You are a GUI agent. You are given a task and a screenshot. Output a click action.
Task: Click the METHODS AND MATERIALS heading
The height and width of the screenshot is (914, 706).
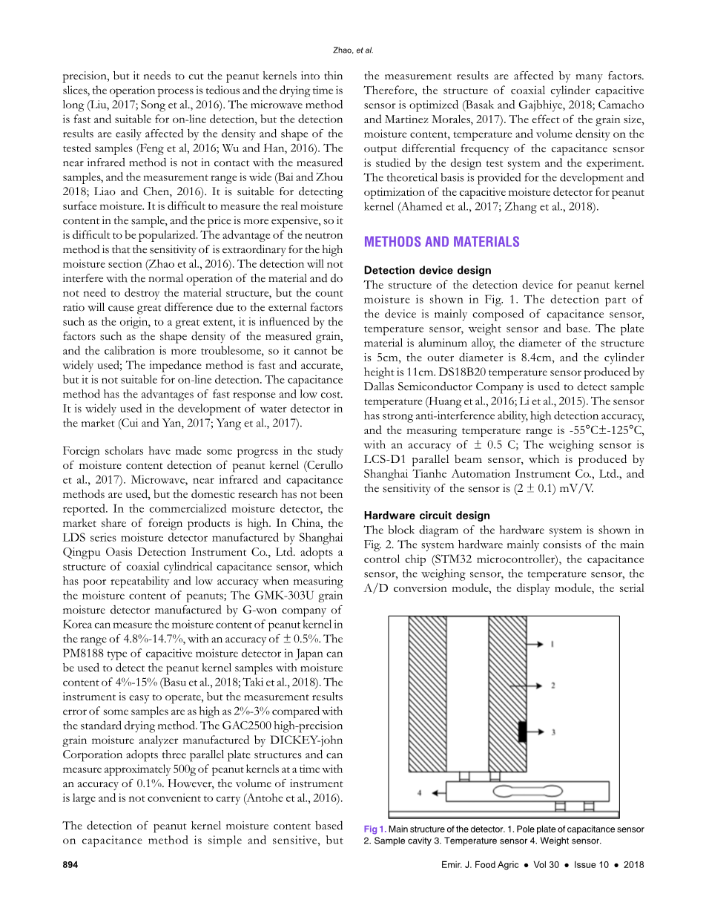pyautogui.click(x=441, y=242)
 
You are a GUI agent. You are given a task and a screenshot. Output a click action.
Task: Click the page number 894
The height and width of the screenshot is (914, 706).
pyautogui.click(x=70, y=865)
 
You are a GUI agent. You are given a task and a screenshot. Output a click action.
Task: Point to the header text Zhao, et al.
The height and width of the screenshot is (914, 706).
pyautogui.click(x=352, y=50)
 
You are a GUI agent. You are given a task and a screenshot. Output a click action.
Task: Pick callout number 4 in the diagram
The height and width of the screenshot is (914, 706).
pyautogui.click(x=420, y=793)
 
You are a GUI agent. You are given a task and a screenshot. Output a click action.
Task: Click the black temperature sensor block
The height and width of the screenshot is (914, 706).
pyautogui.click(x=522, y=731)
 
